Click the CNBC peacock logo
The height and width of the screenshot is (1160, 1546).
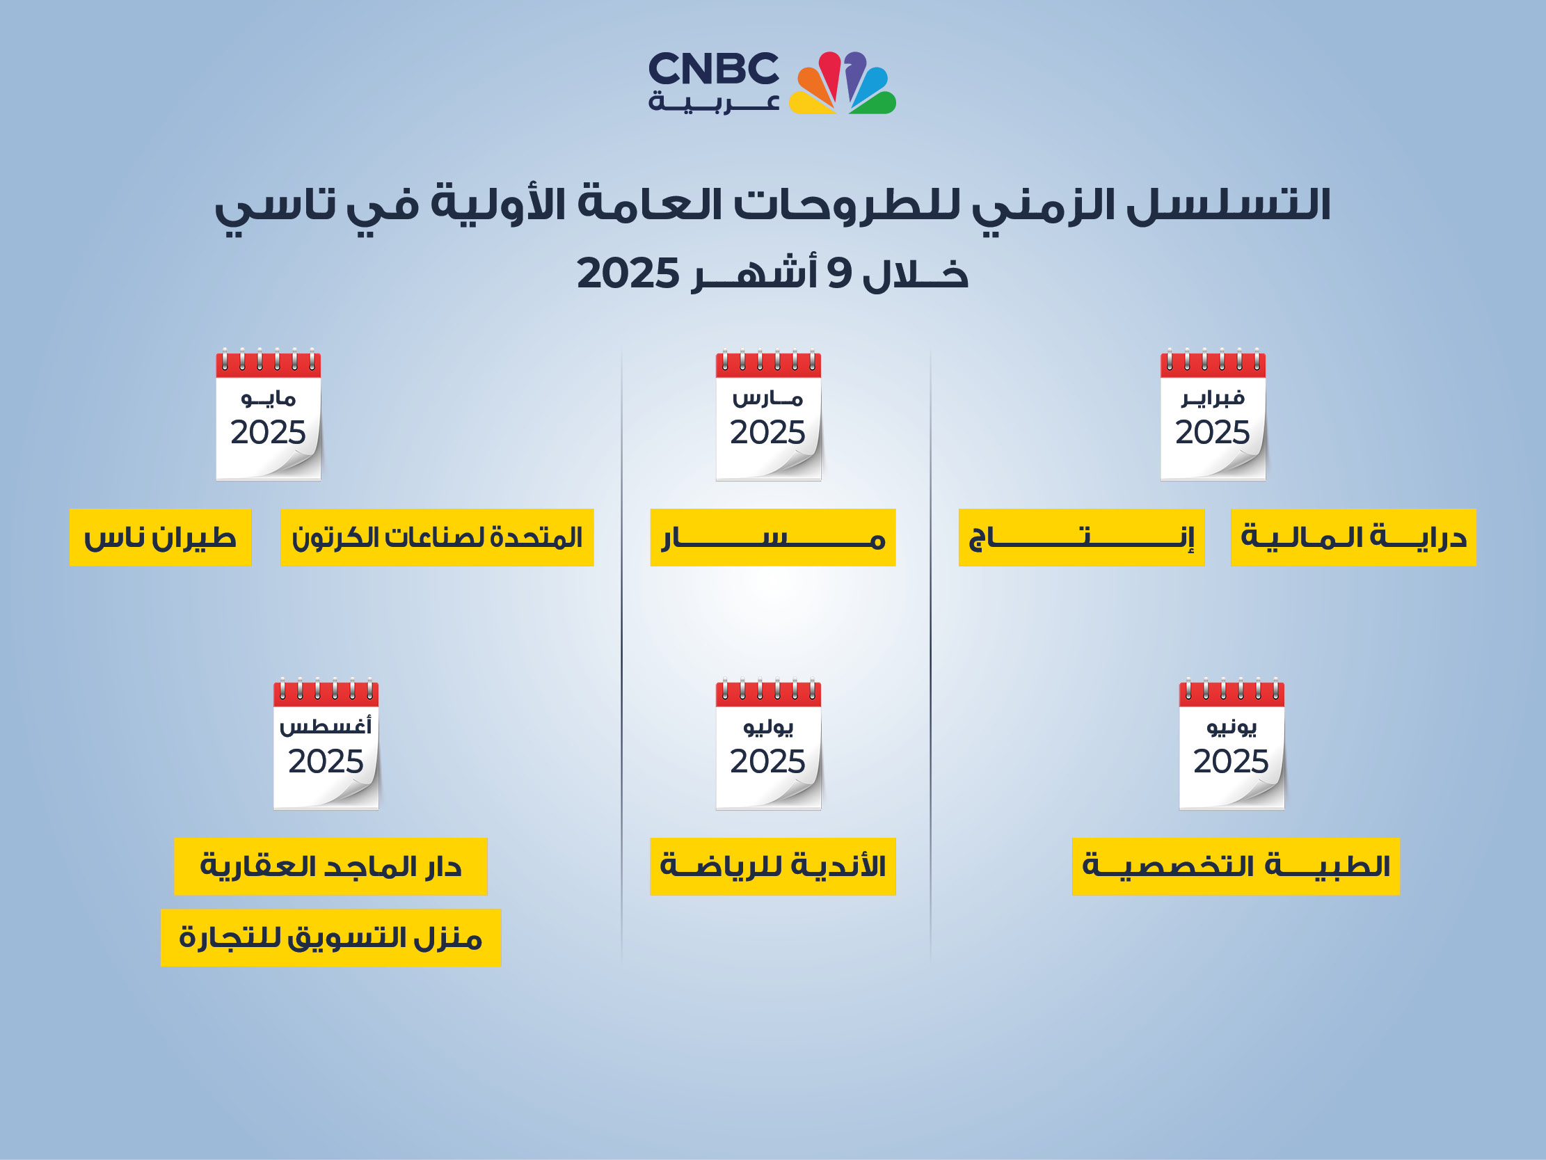[x=842, y=83]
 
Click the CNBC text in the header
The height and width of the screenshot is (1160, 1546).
[x=714, y=68]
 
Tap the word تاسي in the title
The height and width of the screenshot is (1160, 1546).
[x=276, y=207]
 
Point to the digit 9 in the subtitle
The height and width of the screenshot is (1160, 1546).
[x=838, y=273]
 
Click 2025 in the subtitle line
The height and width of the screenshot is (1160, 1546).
[x=628, y=273]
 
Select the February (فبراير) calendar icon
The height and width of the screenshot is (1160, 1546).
[x=1213, y=414]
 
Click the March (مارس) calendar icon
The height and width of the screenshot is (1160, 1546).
[x=768, y=414]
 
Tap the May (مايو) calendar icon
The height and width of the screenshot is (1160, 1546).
[x=269, y=414]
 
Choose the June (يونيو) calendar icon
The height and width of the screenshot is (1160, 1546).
[x=1232, y=743]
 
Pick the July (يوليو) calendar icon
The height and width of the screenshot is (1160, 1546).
[x=768, y=743]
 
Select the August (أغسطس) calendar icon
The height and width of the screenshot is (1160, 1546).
[x=326, y=743]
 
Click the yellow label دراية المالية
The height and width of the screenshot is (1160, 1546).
[x=1353, y=537]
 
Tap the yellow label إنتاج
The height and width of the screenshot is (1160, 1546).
[x=1081, y=537]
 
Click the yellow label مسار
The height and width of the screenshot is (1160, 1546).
[x=773, y=537]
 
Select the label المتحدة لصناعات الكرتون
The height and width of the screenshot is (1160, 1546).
[x=437, y=537]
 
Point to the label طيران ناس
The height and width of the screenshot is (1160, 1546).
[x=160, y=537]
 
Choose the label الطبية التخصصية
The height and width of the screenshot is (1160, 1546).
[x=1236, y=866]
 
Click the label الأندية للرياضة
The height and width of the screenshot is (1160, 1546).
[x=773, y=866]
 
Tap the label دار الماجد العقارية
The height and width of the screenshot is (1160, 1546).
[x=330, y=866]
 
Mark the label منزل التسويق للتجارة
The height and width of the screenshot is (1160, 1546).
[x=330, y=937]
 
